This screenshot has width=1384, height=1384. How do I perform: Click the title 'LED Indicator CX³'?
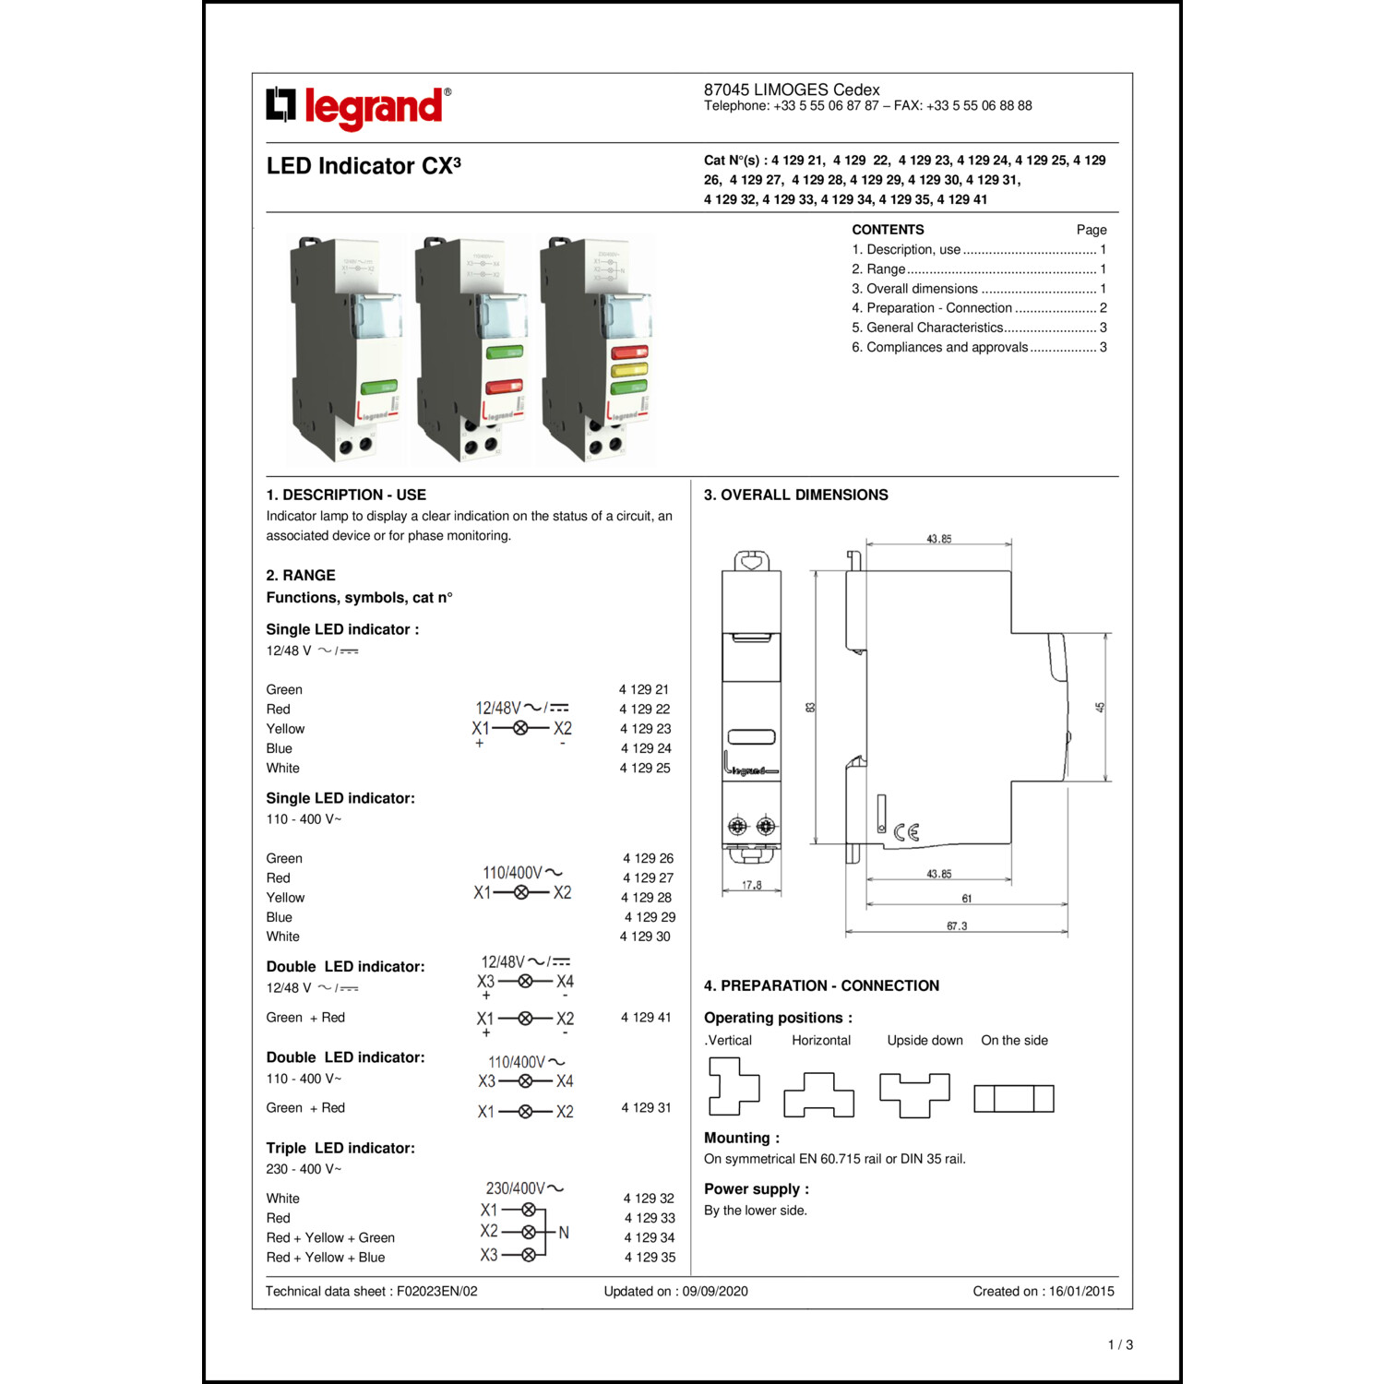click(x=364, y=166)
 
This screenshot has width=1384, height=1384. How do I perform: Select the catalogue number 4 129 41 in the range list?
click(x=646, y=1017)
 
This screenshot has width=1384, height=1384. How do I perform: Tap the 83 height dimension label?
click(x=810, y=708)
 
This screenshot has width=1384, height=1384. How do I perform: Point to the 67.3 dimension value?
click(x=957, y=925)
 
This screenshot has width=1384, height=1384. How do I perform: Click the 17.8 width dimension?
click(x=752, y=885)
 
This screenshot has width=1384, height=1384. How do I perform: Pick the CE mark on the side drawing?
click(x=907, y=832)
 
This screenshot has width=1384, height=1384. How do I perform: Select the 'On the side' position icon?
click(x=1014, y=1098)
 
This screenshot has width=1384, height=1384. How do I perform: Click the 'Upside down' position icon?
click(x=914, y=1094)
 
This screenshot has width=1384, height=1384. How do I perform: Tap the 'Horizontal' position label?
click(x=821, y=1040)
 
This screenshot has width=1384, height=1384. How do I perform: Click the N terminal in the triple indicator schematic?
click(x=564, y=1233)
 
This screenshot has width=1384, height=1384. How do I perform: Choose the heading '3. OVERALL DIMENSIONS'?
click(x=795, y=495)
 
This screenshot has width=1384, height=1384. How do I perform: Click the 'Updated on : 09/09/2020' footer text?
click(x=675, y=1291)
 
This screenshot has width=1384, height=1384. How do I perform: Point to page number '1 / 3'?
click(x=1120, y=1344)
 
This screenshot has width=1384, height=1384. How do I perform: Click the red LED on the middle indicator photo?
click(x=504, y=386)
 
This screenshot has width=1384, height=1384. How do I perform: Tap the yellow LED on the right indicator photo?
click(x=629, y=370)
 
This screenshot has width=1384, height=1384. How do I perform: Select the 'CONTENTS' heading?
click(x=888, y=230)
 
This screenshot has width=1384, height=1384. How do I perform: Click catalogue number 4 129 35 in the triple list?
click(x=650, y=1257)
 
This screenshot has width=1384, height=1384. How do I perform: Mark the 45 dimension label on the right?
click(x=1100, y=708)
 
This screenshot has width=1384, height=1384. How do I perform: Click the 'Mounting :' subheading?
click(x=742, y=1138)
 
